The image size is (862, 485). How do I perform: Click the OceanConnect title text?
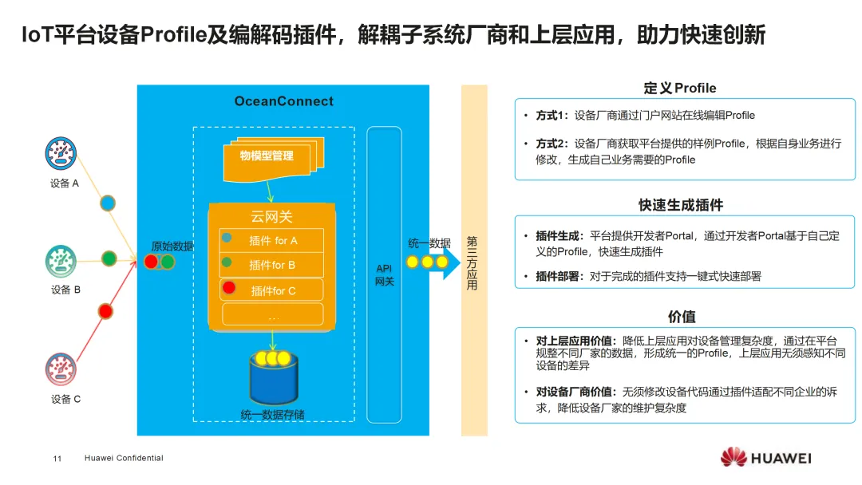pos(283,101)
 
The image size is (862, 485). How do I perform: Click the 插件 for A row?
pos(271,240)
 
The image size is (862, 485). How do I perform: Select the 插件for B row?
pos(271,265)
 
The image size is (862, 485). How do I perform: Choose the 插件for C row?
pos(271,290)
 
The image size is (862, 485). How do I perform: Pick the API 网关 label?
pos(385,275)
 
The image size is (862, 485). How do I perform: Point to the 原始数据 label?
pos(172,246)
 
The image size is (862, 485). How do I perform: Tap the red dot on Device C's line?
pos(105,310)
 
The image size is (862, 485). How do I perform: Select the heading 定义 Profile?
pos(680,89)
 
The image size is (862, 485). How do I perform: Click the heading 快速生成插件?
pos(680,205)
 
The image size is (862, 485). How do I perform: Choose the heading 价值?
pos(681,317)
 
